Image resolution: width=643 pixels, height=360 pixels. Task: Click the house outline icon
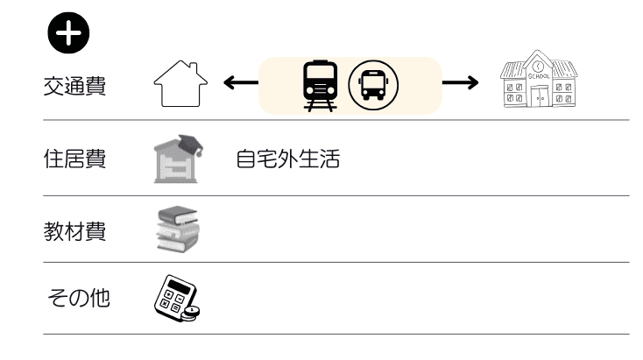coord(180,85)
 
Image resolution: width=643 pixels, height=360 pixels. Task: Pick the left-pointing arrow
coord(238,84)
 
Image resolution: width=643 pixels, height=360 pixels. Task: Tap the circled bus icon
coord(373,85)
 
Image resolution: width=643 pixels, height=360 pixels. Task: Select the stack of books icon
coord(178,229)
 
